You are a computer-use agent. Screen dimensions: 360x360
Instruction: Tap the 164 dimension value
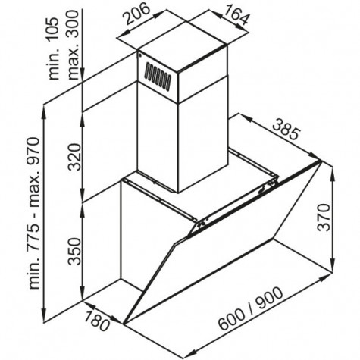pos(236,15)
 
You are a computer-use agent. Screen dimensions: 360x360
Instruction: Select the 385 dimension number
pos(287,130)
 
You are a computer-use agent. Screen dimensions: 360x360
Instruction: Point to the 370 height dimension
pos(324,217)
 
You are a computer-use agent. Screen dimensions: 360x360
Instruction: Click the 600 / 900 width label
pos(251,308)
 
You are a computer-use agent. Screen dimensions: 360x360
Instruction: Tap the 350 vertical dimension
pos(75,251)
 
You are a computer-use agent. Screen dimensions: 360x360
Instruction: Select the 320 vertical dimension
pos(75,157)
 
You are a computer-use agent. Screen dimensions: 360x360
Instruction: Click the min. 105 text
pos(54,49)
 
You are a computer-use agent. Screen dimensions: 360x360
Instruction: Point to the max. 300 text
pos(74,45)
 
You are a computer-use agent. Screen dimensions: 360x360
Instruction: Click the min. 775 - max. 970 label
pos(33,213)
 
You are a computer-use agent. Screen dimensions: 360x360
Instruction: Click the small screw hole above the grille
pos(139,55)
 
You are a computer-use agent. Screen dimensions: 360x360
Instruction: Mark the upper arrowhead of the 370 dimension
pos(333,174)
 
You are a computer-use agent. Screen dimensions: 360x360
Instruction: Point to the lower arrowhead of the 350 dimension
pos(83,294)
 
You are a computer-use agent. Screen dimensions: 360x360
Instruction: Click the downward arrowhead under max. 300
pos(83,75)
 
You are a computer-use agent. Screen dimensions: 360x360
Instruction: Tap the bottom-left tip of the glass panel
pos(124,324)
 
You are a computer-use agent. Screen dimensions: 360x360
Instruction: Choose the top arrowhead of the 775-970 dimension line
pos(45,111)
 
